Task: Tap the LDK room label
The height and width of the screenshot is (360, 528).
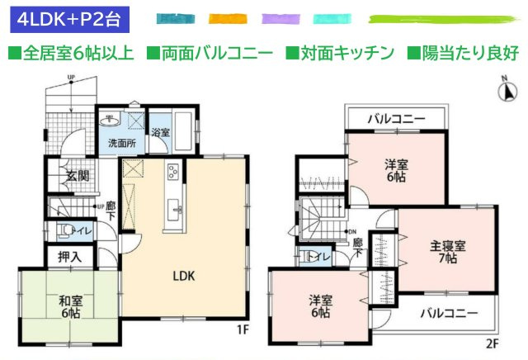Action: click(183, 276)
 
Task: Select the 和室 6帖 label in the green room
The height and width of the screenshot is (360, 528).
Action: click(70, 307)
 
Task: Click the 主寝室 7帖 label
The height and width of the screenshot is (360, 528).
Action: click(448, 252)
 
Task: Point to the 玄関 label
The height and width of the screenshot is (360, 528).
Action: click(78, 175)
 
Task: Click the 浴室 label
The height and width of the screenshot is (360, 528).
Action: click(160, 133)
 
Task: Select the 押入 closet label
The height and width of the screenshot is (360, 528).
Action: click(70, 257)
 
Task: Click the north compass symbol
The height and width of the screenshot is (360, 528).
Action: click(505, 91)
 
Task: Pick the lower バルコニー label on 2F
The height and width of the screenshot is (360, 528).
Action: click(448, 314)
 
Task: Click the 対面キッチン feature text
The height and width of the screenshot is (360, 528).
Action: click(339, 54)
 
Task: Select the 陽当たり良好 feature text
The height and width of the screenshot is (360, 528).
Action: click(463, 54)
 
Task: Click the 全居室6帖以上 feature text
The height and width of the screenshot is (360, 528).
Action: click(72, 54)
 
